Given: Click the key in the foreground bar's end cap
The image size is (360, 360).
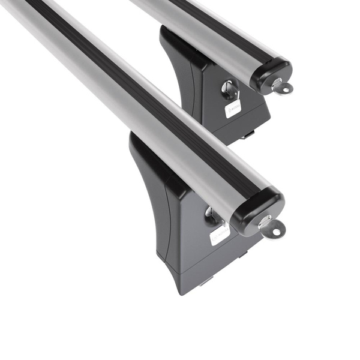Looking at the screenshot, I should [273, 227].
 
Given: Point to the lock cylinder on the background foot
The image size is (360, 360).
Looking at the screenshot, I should [229, 90].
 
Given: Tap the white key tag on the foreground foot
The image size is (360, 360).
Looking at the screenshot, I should [220, 234].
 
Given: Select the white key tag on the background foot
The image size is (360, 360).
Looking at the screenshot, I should [233, 109].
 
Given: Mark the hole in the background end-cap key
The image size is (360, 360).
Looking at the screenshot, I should [285, 90].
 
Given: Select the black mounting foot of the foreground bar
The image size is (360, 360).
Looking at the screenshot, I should [180, 228].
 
